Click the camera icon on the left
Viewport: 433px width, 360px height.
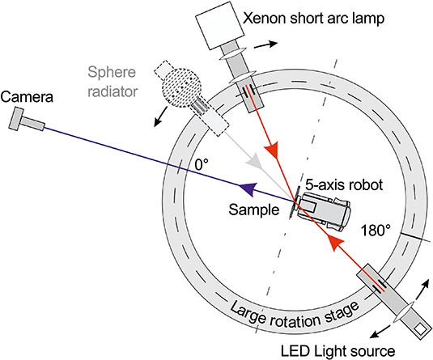23,121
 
